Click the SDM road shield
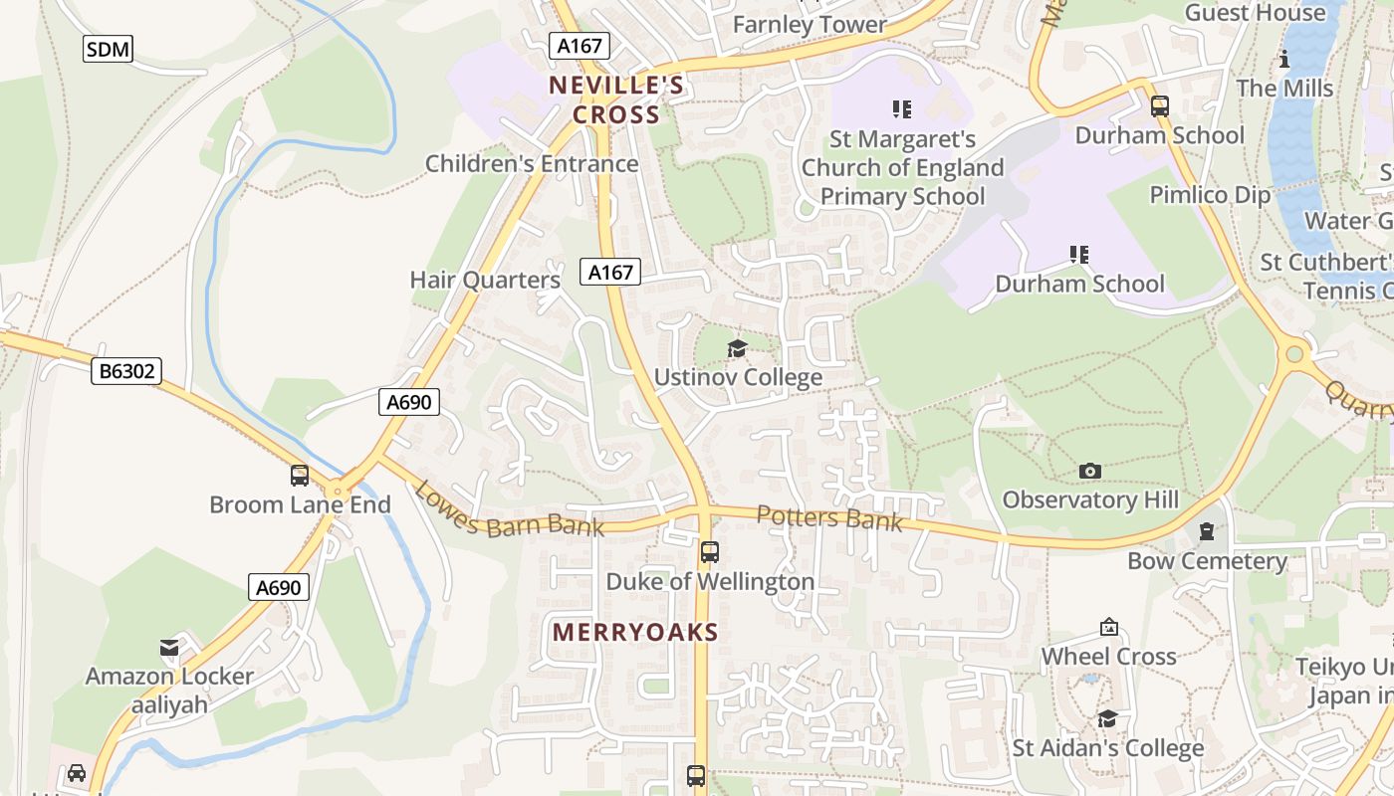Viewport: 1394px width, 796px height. click(x=108, y=48)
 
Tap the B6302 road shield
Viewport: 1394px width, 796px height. click(x=126, y=371)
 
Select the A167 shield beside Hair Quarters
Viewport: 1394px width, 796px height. click(x=609, y=272)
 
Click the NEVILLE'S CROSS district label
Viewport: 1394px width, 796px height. click(x=616, y=99)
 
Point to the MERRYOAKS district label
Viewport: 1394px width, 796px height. click(x=635, y=632)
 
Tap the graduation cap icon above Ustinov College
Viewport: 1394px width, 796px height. click(x=737, y=348)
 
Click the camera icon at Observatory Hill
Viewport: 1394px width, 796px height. click(x=1090, y=471)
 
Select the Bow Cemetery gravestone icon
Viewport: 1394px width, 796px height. click(x=1207, y=532)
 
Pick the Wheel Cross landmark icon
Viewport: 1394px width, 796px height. click(x=1109, y=627)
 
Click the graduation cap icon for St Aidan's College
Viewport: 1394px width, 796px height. click(x=1107, y=718)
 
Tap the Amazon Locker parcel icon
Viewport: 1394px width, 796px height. click(x=169, y=648)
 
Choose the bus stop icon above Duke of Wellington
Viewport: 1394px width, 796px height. click(x=710, y=551)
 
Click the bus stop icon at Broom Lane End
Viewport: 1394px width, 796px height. click(x=300, y=476)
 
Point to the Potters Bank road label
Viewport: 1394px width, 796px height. click(x=829, y=517)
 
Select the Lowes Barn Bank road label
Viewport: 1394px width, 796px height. click(x=508, y=510)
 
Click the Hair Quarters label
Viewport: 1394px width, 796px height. click(x=485, y=281)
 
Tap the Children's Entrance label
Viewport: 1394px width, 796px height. click(x=532, y=163)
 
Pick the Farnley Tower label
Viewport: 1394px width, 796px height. click(x=810, y=24)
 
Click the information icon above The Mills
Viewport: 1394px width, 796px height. click(x=1284, y=60)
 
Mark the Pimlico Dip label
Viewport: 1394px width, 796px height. click(x=1210, y=194)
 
